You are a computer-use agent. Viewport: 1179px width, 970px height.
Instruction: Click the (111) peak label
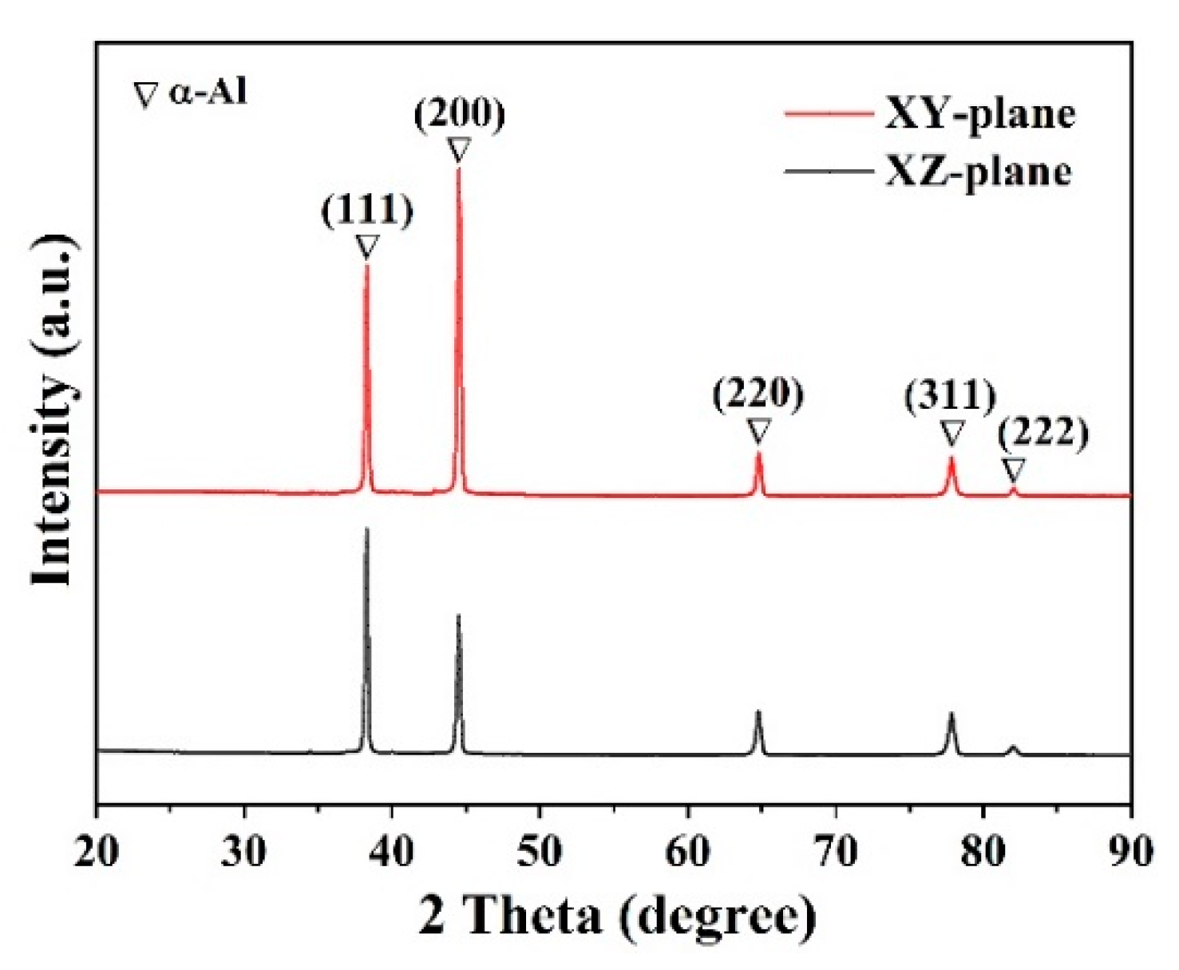coord(367,210)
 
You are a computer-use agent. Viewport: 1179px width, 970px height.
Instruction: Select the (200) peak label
coord(459,113)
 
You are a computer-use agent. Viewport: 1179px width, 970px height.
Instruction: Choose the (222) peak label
coord(1043,434)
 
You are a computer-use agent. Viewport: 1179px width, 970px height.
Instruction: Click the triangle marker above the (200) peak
coord(459,150)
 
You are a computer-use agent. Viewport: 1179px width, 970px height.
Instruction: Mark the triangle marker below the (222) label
coord(1014,469)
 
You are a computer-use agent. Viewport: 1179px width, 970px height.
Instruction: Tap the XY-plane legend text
coord(980,113)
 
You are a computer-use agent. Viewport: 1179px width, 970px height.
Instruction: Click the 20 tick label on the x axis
coord(97,852)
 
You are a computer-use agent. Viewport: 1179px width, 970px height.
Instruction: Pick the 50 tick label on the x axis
coord(540,852)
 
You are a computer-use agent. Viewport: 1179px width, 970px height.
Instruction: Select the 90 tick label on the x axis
coord(1130,852)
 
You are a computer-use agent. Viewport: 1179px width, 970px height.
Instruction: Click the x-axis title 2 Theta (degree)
coord(617,916)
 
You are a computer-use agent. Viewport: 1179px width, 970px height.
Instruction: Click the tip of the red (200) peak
coord(458,168)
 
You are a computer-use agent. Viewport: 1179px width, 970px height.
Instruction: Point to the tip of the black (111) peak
coord(366,529)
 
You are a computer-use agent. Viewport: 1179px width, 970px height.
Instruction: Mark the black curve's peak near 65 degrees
coord(758,711)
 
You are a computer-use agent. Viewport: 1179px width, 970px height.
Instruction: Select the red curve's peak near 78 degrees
coord(951,457)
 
